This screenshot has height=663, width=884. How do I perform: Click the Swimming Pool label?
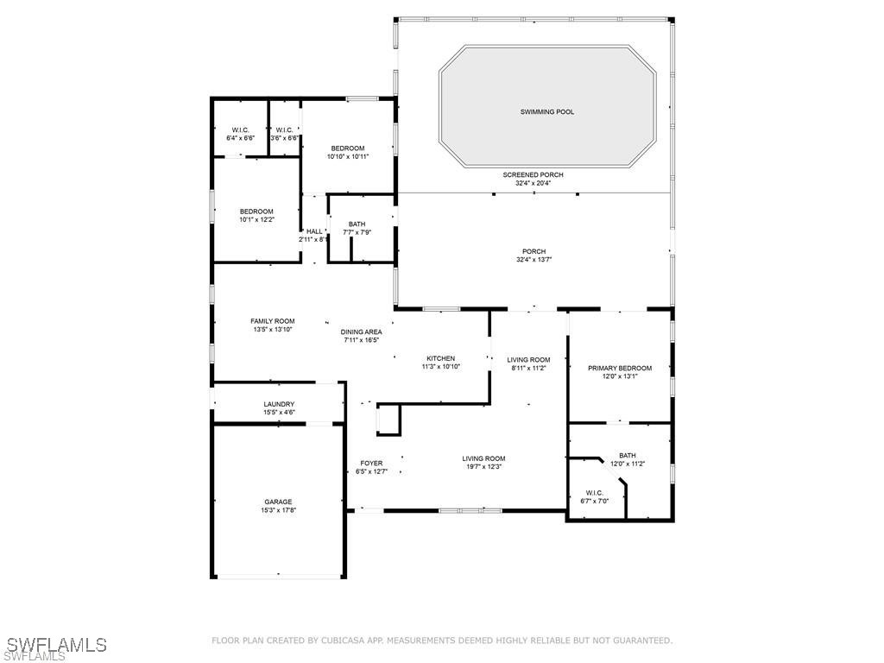click(x=546, y=112)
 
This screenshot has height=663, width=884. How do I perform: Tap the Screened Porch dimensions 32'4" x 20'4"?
click(x=534, y=183)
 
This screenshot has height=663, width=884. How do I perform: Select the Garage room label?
click(x=278, y=502)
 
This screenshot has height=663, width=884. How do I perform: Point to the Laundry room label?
click(x=279, y=404)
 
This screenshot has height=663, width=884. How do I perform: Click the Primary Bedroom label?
click(x=620, y=368)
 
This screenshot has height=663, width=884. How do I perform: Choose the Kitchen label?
click(x=440, y=358)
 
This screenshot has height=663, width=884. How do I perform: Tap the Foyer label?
click(x=371, y=464)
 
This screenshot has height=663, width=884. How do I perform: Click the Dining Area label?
click(x=361, y=331)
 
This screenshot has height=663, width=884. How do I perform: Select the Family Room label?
click(x=273, y=321)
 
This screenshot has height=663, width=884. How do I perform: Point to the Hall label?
click(x=313, y=231)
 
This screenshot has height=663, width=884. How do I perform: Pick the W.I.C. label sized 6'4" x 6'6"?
click(x=240, y=130)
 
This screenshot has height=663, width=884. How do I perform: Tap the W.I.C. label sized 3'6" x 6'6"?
click(x=284, y=130)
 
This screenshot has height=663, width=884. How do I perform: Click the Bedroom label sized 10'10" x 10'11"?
click(x=348, y=148)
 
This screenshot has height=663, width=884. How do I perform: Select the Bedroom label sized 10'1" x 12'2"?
click(x=256, y=212)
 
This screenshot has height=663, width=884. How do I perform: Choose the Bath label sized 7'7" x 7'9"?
click(x=357, y=224)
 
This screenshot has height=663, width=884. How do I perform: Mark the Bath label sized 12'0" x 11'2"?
click(x=627, y=456)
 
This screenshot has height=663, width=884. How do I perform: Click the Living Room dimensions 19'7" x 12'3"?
click(x=483, y=467)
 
